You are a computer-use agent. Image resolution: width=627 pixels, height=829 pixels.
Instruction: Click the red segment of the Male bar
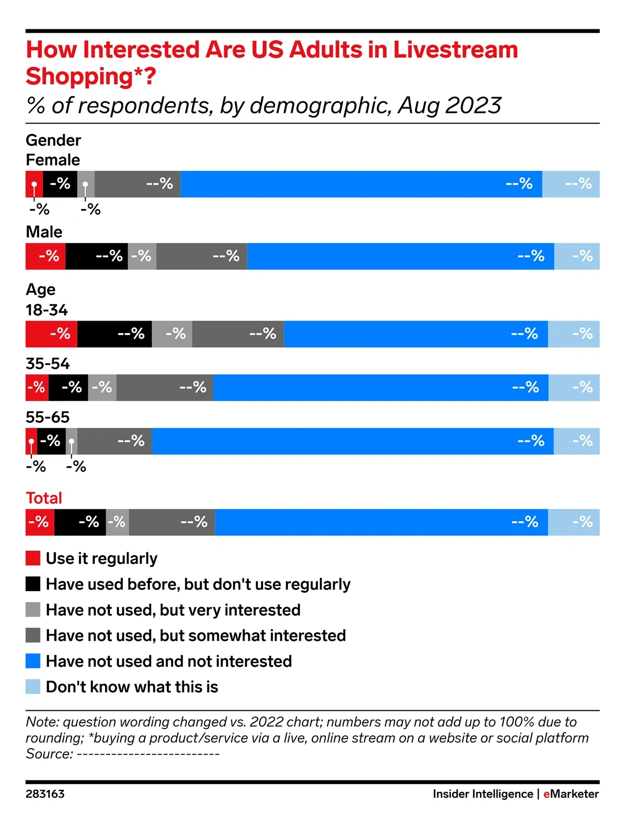tap(45, 256)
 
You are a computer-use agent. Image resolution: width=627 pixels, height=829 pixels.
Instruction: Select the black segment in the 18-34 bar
tap(114, 334)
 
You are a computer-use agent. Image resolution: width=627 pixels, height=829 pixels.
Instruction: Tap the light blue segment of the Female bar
tap(571, 184)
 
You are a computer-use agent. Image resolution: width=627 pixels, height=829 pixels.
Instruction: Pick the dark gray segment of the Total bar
tap(172, 522)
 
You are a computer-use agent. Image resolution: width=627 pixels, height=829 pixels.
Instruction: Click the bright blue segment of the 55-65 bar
tap(353, 441)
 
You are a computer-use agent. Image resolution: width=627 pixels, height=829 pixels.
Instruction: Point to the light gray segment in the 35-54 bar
tap(102, 388)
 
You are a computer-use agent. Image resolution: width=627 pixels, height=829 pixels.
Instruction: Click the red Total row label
tap(44, 498)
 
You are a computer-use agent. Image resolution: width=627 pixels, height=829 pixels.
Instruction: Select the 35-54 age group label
tap(48, 364)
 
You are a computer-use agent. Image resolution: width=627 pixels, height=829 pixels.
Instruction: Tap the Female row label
tap(53, 160)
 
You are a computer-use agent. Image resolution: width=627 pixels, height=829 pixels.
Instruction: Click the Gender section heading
tap(53, 140)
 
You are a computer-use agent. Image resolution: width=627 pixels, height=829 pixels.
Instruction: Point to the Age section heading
tap(41, 290)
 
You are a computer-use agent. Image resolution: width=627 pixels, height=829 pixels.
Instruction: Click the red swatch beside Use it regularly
tap(33, 558)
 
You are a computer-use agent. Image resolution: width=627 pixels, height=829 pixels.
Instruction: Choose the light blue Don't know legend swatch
tap(33, 687)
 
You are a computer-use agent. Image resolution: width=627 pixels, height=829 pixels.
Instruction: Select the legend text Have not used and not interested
tap(169, 661)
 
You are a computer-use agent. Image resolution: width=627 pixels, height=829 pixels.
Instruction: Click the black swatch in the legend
tap(33, 584)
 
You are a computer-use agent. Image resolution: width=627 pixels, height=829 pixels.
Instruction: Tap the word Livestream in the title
tap(455, 50)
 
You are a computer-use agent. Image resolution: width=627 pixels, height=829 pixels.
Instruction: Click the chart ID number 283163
tap(45, 794)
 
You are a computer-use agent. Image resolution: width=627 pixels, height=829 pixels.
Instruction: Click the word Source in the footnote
tap(49, 754)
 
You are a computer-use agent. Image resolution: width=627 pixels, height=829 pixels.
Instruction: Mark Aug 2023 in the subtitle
tap(449, 106)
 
